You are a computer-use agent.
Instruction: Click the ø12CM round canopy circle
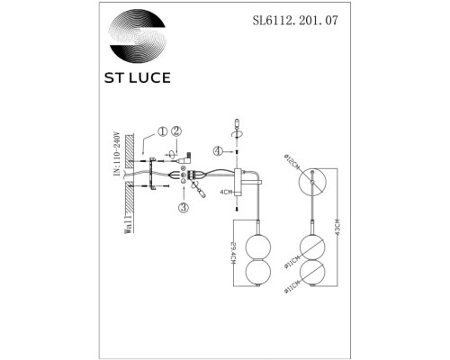coord(312,183)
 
